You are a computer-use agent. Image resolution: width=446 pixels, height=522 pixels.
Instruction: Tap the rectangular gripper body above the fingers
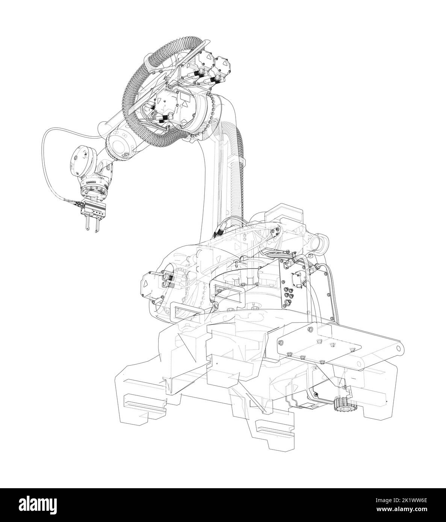94,208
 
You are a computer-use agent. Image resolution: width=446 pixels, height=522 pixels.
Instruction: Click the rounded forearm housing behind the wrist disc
119,145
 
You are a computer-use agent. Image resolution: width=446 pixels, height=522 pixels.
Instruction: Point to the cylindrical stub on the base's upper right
322,241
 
